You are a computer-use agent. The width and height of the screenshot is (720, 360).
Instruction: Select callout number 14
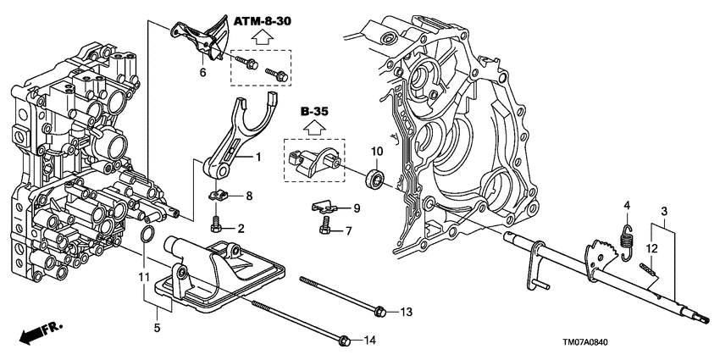tap(368, 341)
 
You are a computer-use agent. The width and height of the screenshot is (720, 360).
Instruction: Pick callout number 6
tap(202, 72)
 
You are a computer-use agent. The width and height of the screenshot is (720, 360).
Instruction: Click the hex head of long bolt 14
tap(344, 341)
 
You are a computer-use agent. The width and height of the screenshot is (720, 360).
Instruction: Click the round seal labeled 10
tap(374, 179)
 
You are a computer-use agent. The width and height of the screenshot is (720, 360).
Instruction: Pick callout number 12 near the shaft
tap(651, 247)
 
